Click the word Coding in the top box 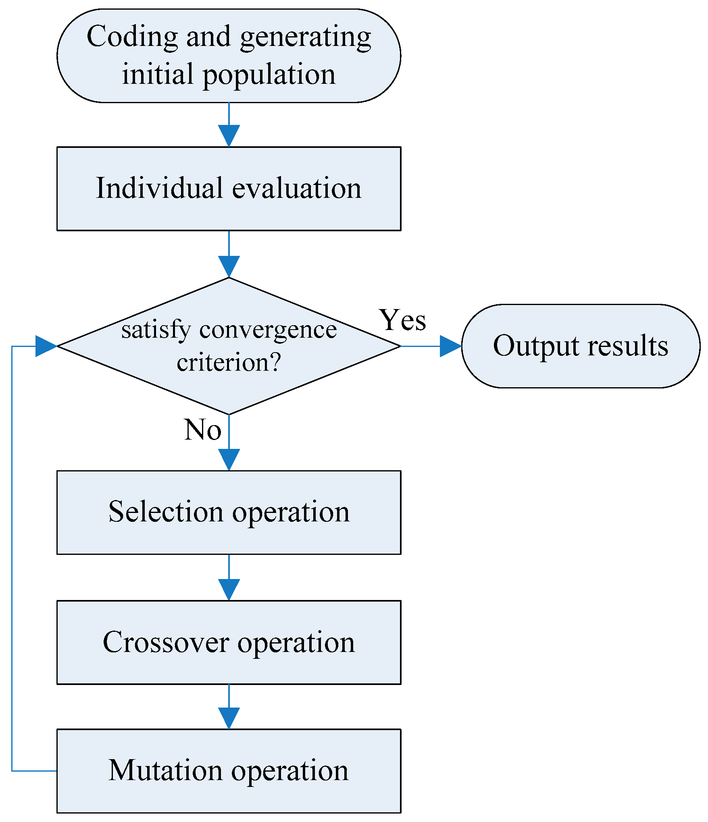[x=132, y=37]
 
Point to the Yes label [x=402, y=320]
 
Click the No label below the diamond [x=202, y=430]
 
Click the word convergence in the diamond [x=268, y=330]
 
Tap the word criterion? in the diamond [x=229, y=362]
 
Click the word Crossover [x=165, y=642]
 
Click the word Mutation [x=165, y=770]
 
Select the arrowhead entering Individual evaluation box [x=229, y=136]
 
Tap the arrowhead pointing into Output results [x=450, y=346]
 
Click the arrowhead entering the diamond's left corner [x=46, y=346]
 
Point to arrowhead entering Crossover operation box [x=229, y=590]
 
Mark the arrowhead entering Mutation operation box [x=229, y=718]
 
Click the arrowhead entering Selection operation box [x=229, y=459]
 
